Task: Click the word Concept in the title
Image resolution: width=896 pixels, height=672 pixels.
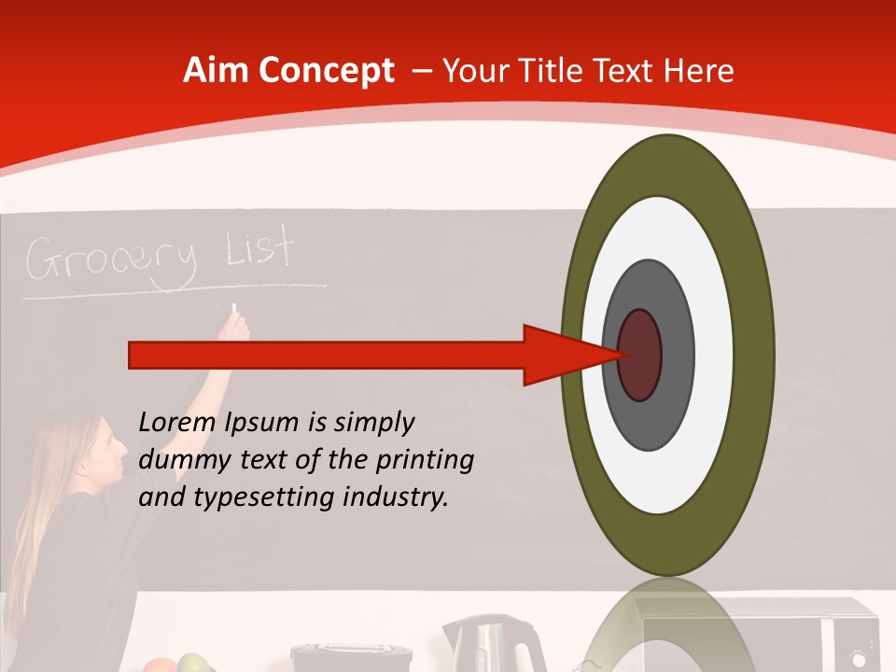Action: tap(326, 71)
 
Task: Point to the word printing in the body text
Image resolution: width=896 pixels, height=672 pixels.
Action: tap(425, 460)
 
